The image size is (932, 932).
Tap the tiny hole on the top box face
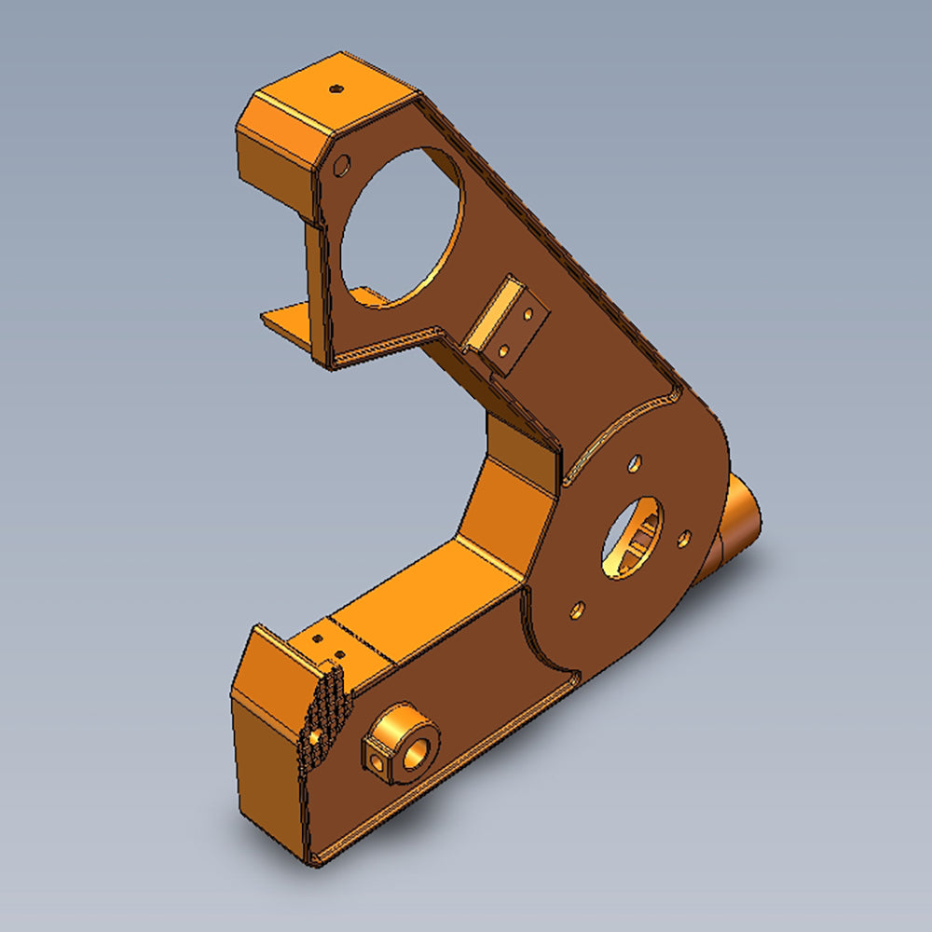336,89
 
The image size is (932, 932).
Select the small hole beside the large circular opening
342,167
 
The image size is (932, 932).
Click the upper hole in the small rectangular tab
528,314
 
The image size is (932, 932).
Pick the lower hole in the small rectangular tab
503,351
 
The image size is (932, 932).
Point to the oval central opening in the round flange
632,537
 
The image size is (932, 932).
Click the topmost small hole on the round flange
635,462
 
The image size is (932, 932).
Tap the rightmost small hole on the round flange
684,539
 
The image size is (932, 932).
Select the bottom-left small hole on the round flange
577,610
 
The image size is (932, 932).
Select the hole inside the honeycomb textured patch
318,737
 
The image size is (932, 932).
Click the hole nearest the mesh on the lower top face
338,654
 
